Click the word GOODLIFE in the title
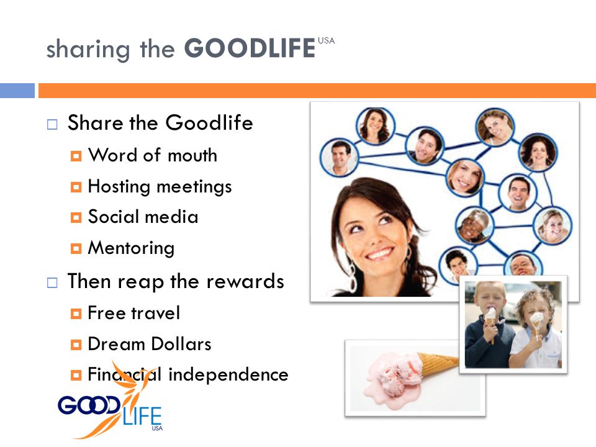(x=250, y=48)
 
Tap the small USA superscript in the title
(x=326, y=41)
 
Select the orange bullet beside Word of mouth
(x=76, y=156)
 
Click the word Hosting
(x=119, y=187)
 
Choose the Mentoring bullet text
(x=131, y=248)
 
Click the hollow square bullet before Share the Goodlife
(x=52, y=124)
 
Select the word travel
(x=155, y=313)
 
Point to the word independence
(x=228, y=374)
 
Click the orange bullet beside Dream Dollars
(x=76, y=345)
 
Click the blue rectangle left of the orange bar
(x=17, y=91)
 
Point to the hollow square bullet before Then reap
(x=52, y=282)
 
